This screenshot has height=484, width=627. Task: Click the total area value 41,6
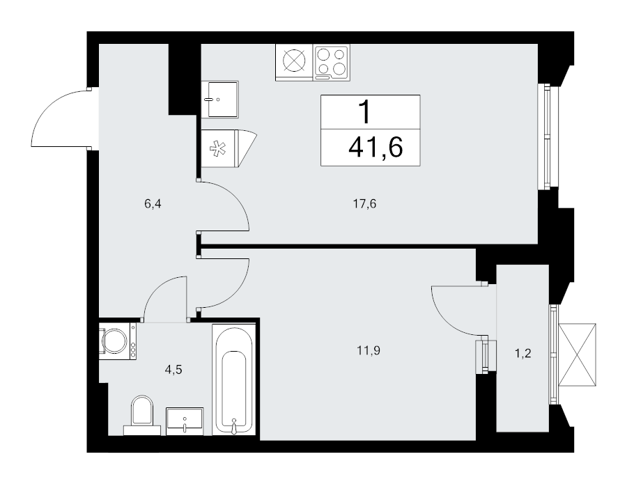[x=376, y=147]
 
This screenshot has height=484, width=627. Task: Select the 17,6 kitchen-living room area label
[x=364, y=204]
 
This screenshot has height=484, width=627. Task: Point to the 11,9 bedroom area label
[x=369, y=351]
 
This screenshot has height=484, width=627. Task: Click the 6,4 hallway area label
[x=153, y=204]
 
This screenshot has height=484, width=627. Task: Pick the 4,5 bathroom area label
[x=173, y=370]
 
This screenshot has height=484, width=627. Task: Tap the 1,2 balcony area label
[x=522, y=353]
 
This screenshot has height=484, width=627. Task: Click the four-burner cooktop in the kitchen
[x=332, y=62]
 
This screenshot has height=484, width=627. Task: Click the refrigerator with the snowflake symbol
[x=229, y=148]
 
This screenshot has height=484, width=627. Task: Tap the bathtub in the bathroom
[x=233, y=380]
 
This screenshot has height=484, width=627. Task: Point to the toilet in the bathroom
[x=142, y=415]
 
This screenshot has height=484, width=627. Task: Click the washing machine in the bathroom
[x=118, y=341]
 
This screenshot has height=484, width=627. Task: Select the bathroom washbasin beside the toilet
[x=185, y=421]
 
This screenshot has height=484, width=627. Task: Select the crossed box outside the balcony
[x=578, y=355]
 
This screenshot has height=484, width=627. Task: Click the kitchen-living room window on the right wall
[x=544, y=136]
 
